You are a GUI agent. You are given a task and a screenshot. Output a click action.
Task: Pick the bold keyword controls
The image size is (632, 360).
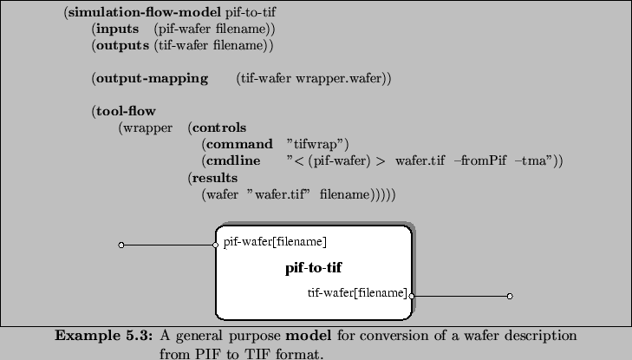[x=218, y=128]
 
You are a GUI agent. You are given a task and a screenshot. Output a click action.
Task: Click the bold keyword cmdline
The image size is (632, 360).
[x=230, y=160]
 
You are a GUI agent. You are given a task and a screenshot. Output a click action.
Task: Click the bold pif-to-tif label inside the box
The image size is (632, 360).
[x=313, y=267]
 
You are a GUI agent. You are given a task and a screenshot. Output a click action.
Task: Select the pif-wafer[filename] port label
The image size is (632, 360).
[x=275, y=241]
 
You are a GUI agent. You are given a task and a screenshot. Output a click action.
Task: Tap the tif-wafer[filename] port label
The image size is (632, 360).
[x=357, y=292]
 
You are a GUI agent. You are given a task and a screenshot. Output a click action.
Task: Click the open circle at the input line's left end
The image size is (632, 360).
[x=121, y=245]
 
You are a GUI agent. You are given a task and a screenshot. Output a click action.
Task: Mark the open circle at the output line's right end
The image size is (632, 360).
[x=510, y=297]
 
